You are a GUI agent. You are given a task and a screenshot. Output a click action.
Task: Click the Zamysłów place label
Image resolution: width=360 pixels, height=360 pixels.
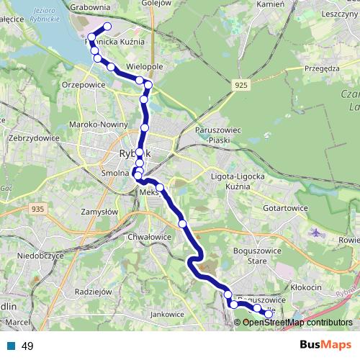pyautogui.click(x=99, y=212)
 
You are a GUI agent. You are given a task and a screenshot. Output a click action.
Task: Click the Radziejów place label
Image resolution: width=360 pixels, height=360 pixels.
pyautogui.click(x=93, y=292)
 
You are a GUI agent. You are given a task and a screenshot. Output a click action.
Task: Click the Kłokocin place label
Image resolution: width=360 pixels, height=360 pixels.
pyautogui.click(x=307, y=287)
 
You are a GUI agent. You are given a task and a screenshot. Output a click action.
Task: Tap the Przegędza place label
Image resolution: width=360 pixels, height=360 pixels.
pyautogui.click(x=321, y=69)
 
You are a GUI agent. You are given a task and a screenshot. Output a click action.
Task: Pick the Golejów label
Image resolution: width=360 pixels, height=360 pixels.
pyautogui.click(x=157, y=3)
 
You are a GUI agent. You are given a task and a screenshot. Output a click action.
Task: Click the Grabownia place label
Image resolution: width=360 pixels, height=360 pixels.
pyautogui.click(x=90, y=6)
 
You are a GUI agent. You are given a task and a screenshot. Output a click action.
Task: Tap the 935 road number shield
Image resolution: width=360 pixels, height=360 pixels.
pyautogui.click(x=39, y=209)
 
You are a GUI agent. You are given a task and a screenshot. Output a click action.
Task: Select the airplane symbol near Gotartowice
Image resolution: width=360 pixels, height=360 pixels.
pyautogui.click(x=317, y=232)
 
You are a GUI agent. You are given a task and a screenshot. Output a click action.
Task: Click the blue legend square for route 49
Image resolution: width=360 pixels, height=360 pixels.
pyautogui.click(x=11, y=346)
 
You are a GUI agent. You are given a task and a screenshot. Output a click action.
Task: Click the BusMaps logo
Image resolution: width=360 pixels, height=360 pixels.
pyautogui.click(x=325, y=346)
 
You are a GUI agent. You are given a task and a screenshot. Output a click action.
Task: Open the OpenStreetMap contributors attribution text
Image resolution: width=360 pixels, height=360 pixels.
pyautogui.click(x=297, y=323)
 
